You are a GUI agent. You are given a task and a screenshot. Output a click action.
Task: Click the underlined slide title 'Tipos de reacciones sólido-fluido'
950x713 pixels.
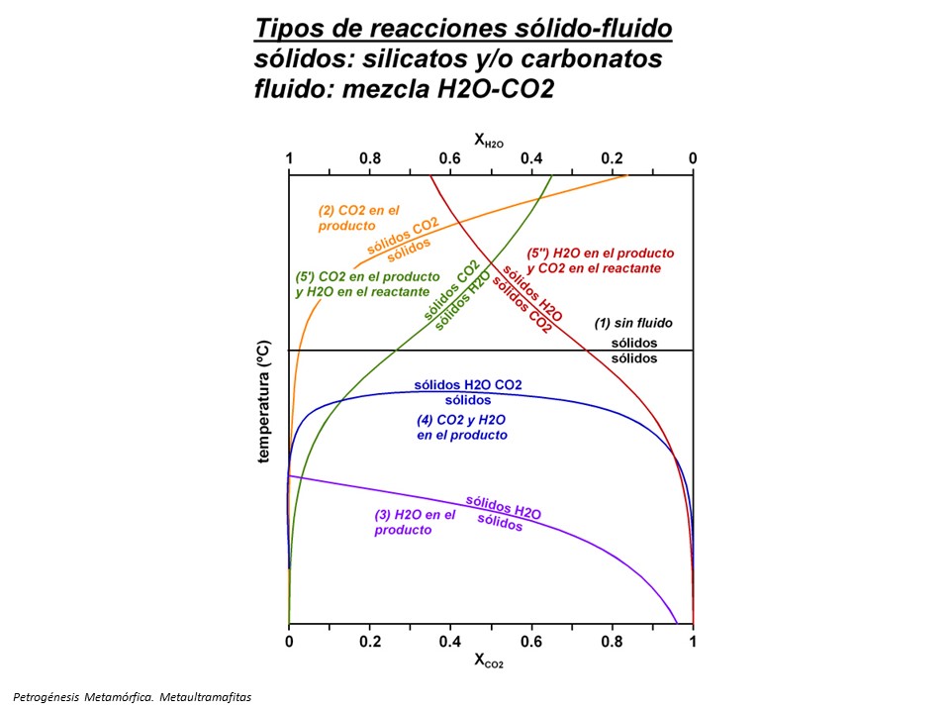[462, 30]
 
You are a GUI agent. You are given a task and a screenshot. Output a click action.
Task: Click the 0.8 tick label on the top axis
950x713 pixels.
[369, 158]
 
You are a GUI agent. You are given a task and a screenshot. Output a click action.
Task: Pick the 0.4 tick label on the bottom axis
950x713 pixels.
[450, 641]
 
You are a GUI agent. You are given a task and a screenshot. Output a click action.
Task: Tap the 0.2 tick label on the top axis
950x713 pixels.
[612, 158]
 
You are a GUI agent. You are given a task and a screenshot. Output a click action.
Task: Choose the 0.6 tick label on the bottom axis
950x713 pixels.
[531, 641]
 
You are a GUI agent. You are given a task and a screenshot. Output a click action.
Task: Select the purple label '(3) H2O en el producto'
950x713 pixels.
[415, 522]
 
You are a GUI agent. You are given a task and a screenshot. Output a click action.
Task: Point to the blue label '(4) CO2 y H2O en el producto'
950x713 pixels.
[462, 427]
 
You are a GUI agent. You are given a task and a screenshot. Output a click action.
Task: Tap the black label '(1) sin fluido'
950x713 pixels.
[632, 323]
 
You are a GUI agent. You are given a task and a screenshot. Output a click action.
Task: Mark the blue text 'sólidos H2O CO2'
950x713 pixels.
[467, 384]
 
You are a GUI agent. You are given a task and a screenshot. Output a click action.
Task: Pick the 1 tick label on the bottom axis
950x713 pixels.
[693, 641]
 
